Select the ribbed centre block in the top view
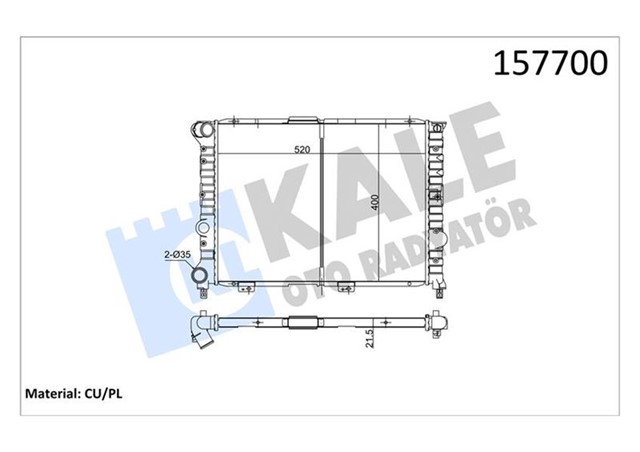pyautogui.click(x=302, y=323)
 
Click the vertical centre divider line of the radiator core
pyautogui.click(x=325, y=205)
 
